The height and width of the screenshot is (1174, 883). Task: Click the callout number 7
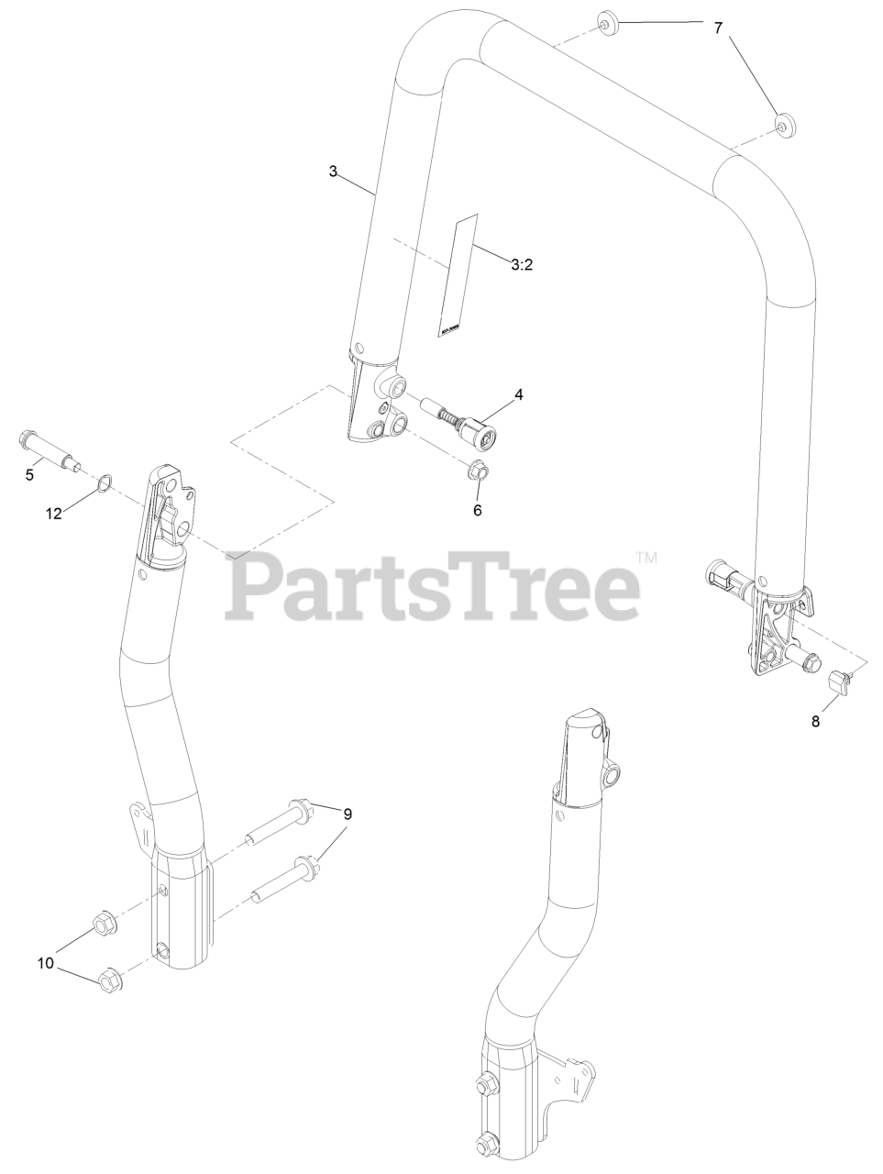pyautogui.click(x=719, y=28)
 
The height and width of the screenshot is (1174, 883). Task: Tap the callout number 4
pyautogui.click(x=518, y=394)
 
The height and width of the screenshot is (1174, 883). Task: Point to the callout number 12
pyautogui.click(x=54, y=514)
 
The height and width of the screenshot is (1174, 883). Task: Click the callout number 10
pyautogui.click(x=46, y=963)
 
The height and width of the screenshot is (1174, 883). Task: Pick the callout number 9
pyautogui.click(x=348, y=813)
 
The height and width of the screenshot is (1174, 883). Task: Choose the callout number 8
pyautogui.click(x=815, y=721)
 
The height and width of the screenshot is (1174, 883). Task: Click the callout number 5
pyautogui.click(x=29, y=475)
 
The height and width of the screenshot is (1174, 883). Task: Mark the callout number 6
pyautogui.click(x=477, y=510)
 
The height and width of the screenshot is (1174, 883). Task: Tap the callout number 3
pyautogui.click(x=334, y=171)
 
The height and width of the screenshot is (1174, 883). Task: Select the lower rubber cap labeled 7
pyautogui.click(x=784, y=127)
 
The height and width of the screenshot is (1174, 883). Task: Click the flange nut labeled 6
pyautogui.click(x=478, y=473)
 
